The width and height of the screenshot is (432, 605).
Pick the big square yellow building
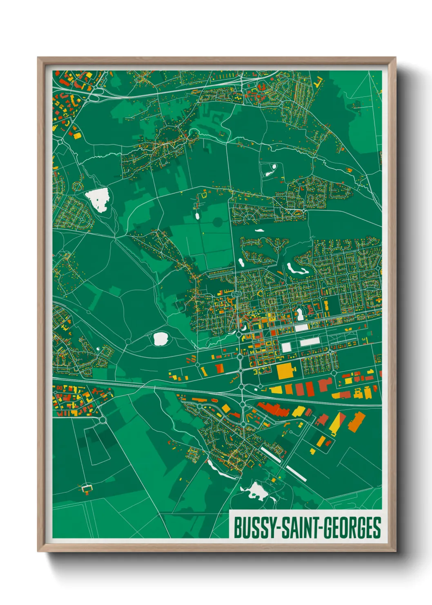286,371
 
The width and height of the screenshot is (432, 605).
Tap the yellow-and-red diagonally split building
337,423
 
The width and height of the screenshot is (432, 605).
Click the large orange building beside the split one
356,421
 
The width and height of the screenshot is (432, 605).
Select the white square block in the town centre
287,347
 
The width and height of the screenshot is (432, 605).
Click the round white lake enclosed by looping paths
160,338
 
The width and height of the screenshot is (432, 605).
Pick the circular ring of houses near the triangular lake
77,186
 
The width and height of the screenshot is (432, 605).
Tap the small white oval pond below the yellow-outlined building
197,215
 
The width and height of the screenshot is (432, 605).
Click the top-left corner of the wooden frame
39,58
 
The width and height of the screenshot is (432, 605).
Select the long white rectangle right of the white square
310,342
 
